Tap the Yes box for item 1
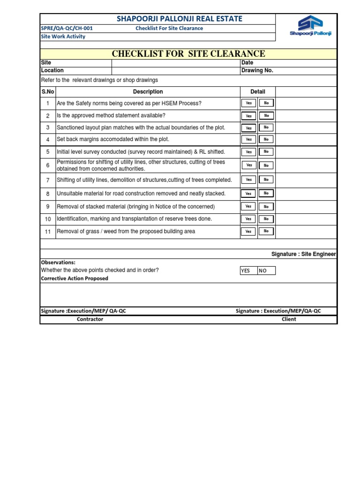click(x=248, y=103)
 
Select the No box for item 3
click(x=266, y=127)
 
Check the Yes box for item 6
click(x=248, y=165)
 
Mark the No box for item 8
click(x=266, y=193)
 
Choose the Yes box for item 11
click(x=248, y=231)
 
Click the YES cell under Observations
click(x=248, y=270)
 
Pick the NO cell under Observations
click(x=266, y=270)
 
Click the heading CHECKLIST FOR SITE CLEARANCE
click(x=188, y=54)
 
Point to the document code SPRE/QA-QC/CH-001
click(x=67, y=28)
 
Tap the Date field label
click(x=247, y=63)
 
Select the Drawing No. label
click(x=257, y=71)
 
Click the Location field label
click(x=52, y=71)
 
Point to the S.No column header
click(x=48, y=92)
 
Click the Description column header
click(x=148, y=92)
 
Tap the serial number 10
click(x=48, y=219)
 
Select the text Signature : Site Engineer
click(x=304, y=254)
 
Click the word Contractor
click(x=90, y=319)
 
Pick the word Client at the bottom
click(x=289, y=319)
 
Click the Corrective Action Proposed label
click(x=75, y=278)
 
